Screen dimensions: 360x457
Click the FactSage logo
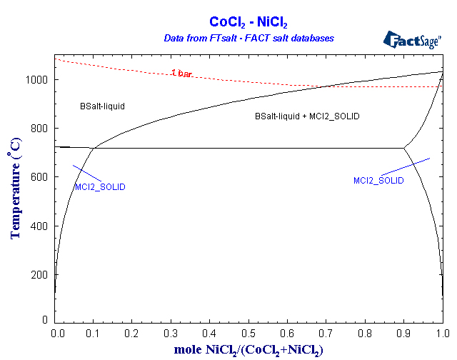click(x=412, y=39)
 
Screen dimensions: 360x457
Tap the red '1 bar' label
click(x=181, y=73)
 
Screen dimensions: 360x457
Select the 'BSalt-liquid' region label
click(x=102, y=106)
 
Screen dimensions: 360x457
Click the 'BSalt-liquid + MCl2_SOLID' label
click(x=307, y=116)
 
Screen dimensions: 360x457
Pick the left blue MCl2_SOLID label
click(x=100, y=187)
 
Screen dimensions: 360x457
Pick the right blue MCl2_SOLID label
click(x=378, y=181)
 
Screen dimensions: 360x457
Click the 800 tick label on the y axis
click(x=39, y=129)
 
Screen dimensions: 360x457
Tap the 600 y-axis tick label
click(x=39, y=177)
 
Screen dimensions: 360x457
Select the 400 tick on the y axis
click(x=39, y=226)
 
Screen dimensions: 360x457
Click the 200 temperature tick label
click(x=39, y=275)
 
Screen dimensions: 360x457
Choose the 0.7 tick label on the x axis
click(x=327, y=333)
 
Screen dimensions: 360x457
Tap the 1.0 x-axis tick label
click(x=442, y=333)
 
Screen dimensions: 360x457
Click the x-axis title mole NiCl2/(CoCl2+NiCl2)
click(x=248, y=349)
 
